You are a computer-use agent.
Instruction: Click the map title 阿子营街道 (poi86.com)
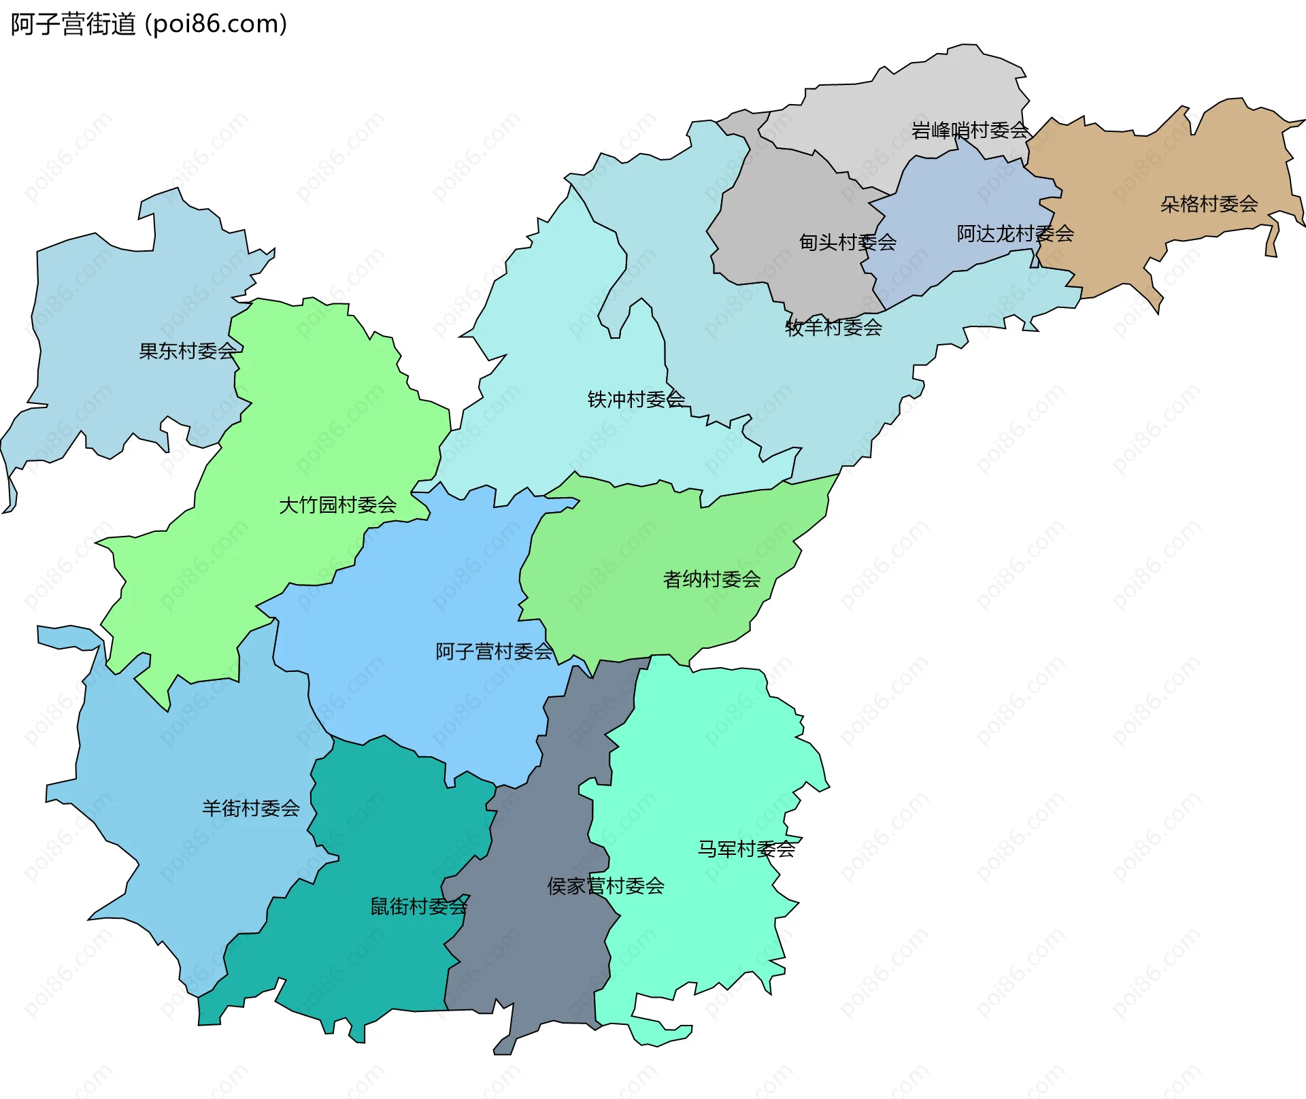(x=148, y=24)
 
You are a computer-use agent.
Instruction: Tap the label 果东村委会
(x=187, y=351)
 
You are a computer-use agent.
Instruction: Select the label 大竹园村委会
(x=337, y=505)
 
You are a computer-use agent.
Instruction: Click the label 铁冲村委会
(x=636, y=399)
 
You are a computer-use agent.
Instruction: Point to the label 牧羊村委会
(x=833, y=328)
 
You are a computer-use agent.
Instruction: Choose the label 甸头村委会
(x=848, y=242)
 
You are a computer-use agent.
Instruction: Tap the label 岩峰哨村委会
(x=970, y=130)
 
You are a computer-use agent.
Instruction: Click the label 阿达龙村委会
(x=1015, y=234)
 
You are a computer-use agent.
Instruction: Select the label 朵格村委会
(x=1209, y=204)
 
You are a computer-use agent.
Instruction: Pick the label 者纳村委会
(x=711, y=579)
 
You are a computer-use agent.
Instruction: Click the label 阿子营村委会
(x=494, y=652)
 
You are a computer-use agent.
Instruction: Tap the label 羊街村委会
(x=250, y=808)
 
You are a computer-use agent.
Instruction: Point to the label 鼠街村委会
(x=418, y=907)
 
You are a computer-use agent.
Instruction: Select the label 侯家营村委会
(x=605, y=886)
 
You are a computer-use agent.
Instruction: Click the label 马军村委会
(x=746, y=849)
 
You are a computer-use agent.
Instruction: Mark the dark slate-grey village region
(x=544, y=952)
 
